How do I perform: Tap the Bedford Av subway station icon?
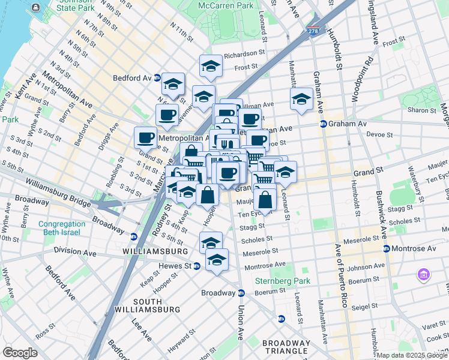click(x=157, y=78)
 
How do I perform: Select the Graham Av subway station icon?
click(x=323, y=124)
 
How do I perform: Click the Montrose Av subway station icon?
click(x=386, y=248)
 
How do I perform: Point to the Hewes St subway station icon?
click(x=196, y=266)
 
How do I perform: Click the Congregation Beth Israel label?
click(x=53, y=229)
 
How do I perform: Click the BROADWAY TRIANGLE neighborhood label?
click(x=286, y=347)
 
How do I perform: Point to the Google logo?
click(x=20, y=353)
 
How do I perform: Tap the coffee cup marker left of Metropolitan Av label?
click(x=145, y=137)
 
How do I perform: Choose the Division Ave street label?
click(x=74, y=250)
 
